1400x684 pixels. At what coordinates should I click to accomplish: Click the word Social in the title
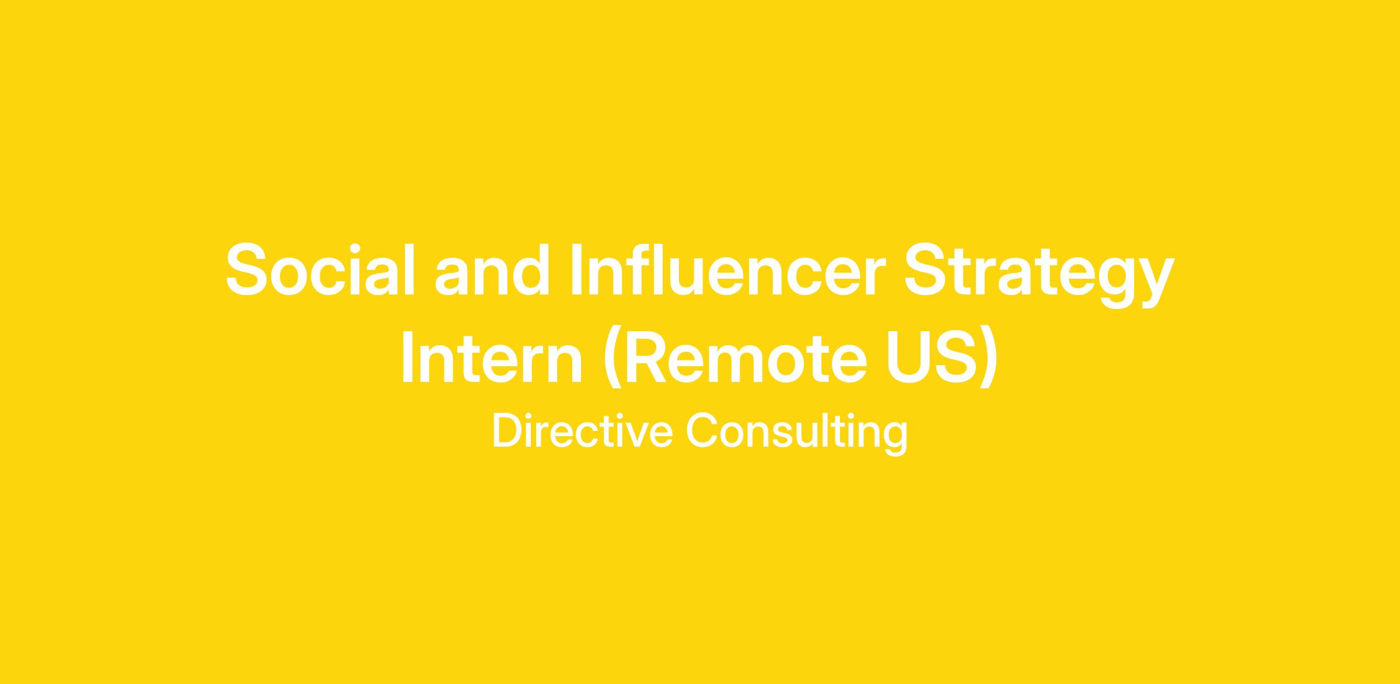pyautogui.click(x=320, y=269)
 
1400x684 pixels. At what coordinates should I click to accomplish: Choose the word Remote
pyautogui.click(x=736, y=357)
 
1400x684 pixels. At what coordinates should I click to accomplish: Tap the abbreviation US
pyautogui.click(x=932, y=357)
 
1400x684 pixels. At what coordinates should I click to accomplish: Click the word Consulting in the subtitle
pyautogui.click(x=796, y=434)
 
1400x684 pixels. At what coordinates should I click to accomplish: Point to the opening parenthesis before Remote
pyautogui.click(x=612, y=357)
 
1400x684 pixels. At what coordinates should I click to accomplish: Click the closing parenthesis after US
pyautogui.click(x=988, y=357)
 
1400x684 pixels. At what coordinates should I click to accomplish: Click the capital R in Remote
pyautogui.click(x=647, y=357)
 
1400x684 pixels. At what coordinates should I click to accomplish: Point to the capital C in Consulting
pyautogui.click(x=701, y=431)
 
